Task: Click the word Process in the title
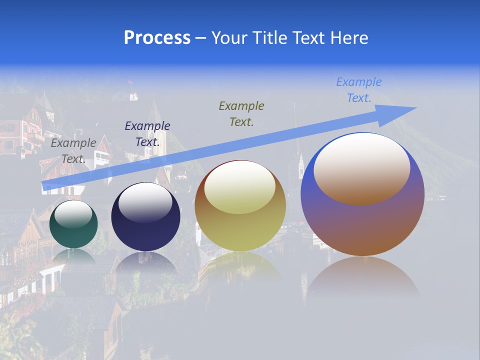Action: point(157,38)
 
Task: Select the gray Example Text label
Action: point(73,151)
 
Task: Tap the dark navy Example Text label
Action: point(147,134)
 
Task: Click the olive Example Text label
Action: point(241,113)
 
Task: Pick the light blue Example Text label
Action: point(358,90)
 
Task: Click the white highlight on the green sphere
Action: point(73,214)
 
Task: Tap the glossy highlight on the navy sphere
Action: point(145,202)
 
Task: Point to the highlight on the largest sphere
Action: point(361,168)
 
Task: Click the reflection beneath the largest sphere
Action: point(362,277)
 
